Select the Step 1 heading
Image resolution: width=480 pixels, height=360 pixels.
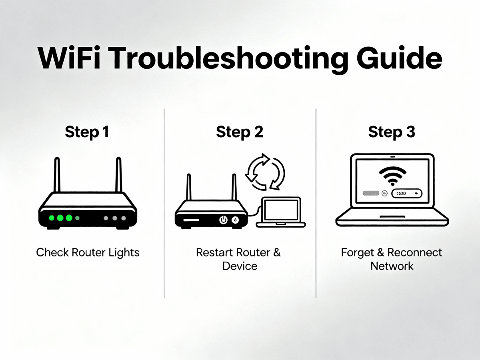click(87, 132)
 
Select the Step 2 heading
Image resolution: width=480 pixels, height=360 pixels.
click(240, 132)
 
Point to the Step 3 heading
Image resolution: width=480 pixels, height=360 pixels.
click(392, 132)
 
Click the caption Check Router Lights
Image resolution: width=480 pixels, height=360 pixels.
click(88, 252)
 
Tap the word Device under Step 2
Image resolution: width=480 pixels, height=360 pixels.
click(240, 266)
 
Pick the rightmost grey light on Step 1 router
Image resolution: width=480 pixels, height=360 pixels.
click(124, 218)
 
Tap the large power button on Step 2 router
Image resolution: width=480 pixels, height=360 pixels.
click(223, 220)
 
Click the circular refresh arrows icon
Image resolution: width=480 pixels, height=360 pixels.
click(264, 172)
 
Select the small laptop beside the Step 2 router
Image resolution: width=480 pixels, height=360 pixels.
click(280, 212)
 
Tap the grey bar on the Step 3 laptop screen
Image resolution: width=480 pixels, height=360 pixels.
click(371, 193)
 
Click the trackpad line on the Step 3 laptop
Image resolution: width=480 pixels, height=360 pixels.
click(392, 216)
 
